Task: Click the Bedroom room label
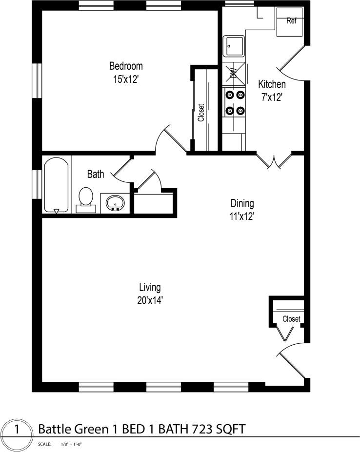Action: click(x=126, y=66)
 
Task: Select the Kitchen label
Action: click(x=272, y=84)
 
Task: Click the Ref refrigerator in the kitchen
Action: click(x=291, y=22)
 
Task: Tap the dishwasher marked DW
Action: click(x=233, y=74)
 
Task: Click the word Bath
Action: click(x=95, y=174)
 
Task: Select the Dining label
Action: click(x=242, y=203)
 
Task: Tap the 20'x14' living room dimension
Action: click(x=150, y=300)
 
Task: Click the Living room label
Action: click(x=150, y=287)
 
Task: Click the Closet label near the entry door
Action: click(x=291, y=319)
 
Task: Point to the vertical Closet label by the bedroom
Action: click(x=201, y=113)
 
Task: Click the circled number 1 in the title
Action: click(x=18, y=429)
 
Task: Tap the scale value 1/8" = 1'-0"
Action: click(x=71, y=445)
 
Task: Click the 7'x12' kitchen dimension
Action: click(x=272, y=97)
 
